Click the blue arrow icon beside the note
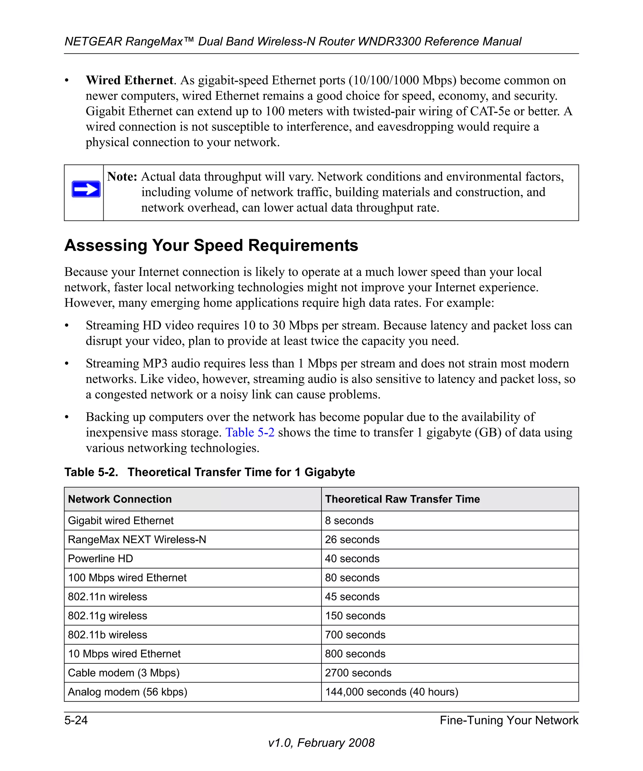tap(86, 189)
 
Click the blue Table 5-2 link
tap(250, 432)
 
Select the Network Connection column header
tap(120, 499)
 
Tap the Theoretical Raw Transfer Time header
tap(402, 499)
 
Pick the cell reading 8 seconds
tap(349, 521)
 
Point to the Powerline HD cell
tap(100, 558)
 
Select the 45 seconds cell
tap(352, 597)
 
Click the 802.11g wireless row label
tap(107, 616)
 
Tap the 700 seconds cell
tap(355, 635)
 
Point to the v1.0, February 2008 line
tap(321, 743)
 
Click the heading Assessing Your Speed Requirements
tap(211, 245)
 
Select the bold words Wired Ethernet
tap(129, 80)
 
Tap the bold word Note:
tap(122, 177)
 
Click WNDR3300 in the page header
tap(390, 41)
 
